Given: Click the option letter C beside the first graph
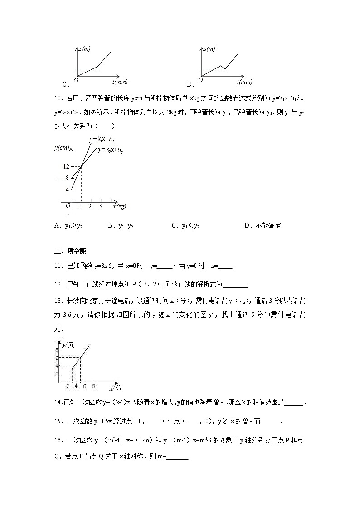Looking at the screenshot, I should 65,84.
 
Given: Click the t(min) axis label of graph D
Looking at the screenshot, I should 244,82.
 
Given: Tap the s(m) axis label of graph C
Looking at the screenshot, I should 84,48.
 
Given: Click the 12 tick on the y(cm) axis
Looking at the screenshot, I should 66,167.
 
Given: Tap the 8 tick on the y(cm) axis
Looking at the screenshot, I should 67,178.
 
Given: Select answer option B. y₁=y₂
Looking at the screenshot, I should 121,226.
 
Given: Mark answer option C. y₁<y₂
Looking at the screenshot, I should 185,226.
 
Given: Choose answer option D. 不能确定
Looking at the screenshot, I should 263,226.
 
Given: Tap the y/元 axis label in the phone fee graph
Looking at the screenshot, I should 68,345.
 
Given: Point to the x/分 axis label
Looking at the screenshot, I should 115,389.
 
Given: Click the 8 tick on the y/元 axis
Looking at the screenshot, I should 57,350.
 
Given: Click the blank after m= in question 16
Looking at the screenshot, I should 178,457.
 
